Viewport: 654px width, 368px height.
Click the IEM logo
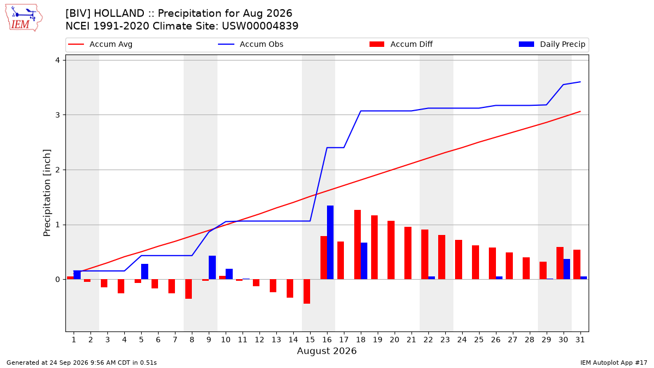[23, 18]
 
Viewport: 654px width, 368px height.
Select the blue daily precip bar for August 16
[330, 243]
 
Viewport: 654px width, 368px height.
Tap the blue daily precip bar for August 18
[364, 261]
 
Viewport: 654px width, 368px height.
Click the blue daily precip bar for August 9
[212, 268]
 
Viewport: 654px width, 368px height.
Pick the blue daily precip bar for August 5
[144, 272]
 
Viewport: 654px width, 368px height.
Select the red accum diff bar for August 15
[307, 292]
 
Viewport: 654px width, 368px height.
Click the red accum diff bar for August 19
[374, 248]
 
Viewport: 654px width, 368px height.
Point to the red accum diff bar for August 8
[189, 289]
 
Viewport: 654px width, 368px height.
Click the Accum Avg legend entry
[100, 44]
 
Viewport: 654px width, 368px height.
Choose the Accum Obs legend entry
[251, 44]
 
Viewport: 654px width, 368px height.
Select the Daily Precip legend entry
[552, 44]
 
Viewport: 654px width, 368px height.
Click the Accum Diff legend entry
[401, 44]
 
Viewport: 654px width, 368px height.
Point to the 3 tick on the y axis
[57, 115]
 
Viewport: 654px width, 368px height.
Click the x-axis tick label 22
[428, 340]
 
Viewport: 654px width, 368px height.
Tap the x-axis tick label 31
[580, 340]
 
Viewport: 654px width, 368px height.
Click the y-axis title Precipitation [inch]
[47, 193]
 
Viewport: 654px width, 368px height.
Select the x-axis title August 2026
[326, 351]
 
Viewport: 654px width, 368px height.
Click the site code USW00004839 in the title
[260, 26]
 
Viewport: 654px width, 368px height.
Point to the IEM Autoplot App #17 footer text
[614, 363]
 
